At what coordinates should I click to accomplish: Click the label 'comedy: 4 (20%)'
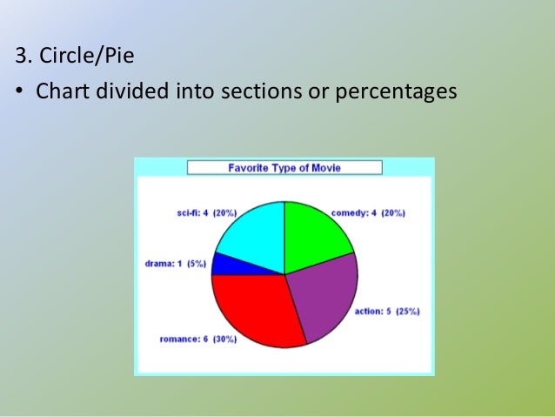click(x=368, y=212)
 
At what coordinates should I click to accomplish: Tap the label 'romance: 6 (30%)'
click(x=197, y=340)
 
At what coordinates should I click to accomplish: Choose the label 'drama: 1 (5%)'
click(x=175, y=263)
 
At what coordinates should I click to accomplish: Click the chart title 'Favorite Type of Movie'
click(x=284, y=167)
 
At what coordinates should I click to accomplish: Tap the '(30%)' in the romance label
click(x=222, y=340)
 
